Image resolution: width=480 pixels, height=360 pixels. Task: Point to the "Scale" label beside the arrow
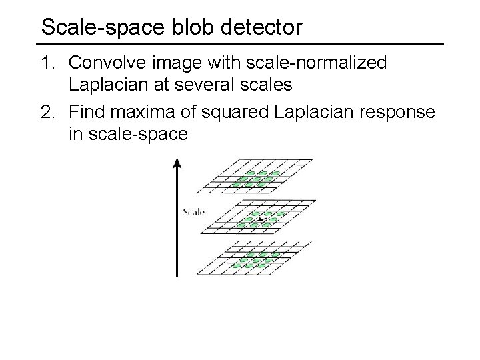193,213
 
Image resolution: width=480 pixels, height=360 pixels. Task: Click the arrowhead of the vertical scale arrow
177,162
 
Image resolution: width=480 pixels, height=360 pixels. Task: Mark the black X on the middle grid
261,218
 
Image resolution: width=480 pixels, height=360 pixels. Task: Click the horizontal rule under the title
240,44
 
